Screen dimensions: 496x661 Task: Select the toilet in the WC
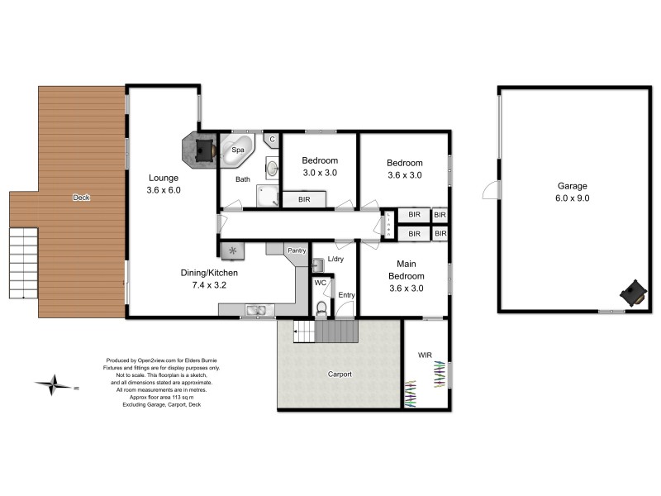tap(322, 309)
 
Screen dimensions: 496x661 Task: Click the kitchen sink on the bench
tap(256, 310)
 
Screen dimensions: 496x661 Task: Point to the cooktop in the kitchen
tap(232, 250)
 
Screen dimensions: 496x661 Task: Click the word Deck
tap(80, 198)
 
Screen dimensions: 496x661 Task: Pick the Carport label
tap(339, 374)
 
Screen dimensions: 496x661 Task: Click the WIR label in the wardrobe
tap(425, 355)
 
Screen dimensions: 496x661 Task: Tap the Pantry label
tap(296, 250)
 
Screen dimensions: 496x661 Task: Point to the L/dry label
tap(335, 260)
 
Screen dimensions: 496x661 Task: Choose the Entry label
tap(345, 295)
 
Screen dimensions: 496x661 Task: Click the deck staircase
tap(23, 263)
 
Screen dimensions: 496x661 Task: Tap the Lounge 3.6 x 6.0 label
tap(164, 184)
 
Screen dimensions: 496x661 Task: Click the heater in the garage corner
tap(633, 292)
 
